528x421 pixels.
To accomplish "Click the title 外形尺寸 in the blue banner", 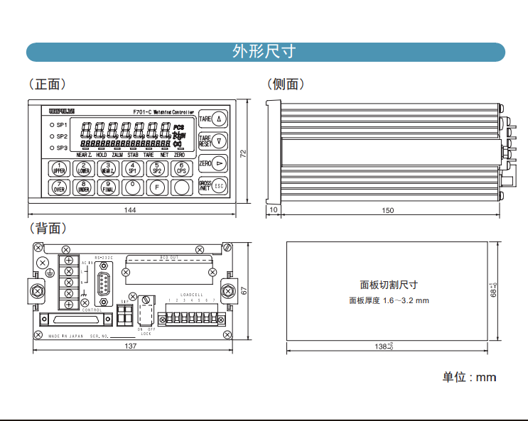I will (264, 52).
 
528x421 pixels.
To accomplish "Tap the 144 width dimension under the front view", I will (130, 210).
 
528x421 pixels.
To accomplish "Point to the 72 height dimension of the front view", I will (243, 153).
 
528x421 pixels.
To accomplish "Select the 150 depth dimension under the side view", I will (387, 210).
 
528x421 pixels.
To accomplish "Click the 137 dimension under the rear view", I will (130, 346).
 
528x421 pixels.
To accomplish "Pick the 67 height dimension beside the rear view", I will (243, 290).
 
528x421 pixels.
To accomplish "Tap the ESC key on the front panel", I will (220, 187).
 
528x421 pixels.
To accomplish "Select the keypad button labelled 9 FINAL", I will (109, 187).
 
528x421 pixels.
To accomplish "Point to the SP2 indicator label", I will (62, 136).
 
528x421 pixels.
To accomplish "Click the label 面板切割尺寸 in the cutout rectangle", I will (389, 285).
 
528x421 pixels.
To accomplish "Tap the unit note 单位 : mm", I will (469, 377).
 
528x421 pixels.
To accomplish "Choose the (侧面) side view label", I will (286, 84).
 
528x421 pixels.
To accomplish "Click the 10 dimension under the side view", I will (274, 210).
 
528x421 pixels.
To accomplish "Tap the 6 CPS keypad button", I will (182, 168).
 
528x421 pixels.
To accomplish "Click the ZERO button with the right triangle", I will (212, 163).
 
